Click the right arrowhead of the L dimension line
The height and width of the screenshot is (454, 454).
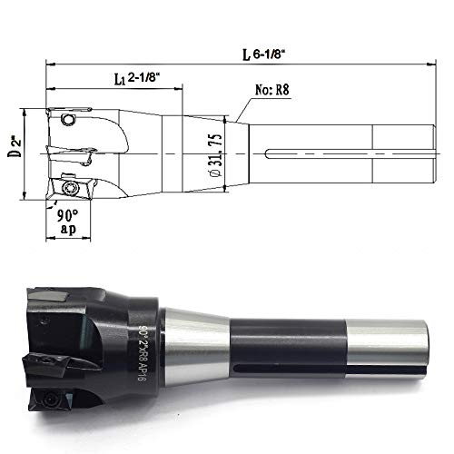[x=423, y=64]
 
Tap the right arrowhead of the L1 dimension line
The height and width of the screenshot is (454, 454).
[x=181, y=87]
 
